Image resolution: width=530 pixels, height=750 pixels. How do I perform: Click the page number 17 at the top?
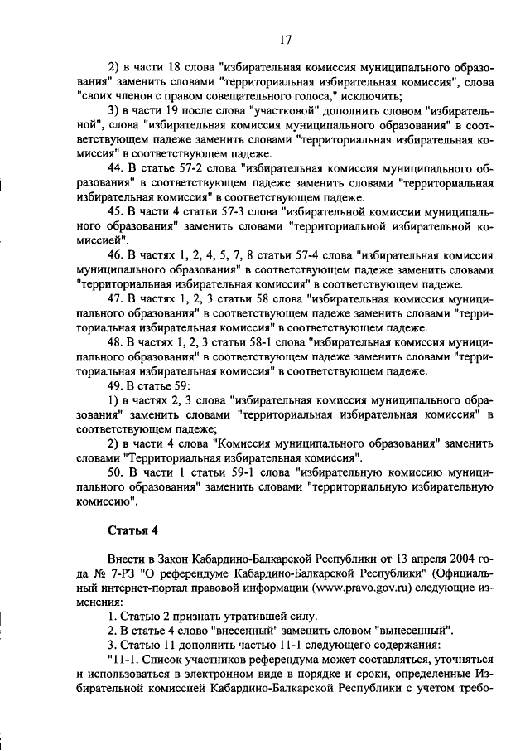284,39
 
